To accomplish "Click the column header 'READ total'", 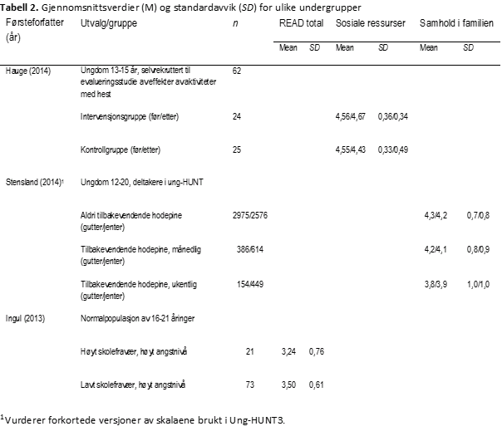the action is click(301, 24).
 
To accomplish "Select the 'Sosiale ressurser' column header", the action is click(370, 24).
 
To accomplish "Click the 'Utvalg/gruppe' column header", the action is click(109, 24).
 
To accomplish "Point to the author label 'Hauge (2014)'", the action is click(28, 71).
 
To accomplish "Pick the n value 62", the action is click(237, 71).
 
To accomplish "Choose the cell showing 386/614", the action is click(250, 249).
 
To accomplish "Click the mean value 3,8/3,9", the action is click(436, 284).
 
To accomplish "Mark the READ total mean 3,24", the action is click(288, 351).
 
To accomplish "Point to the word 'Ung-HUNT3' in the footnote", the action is click(261, 420).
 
